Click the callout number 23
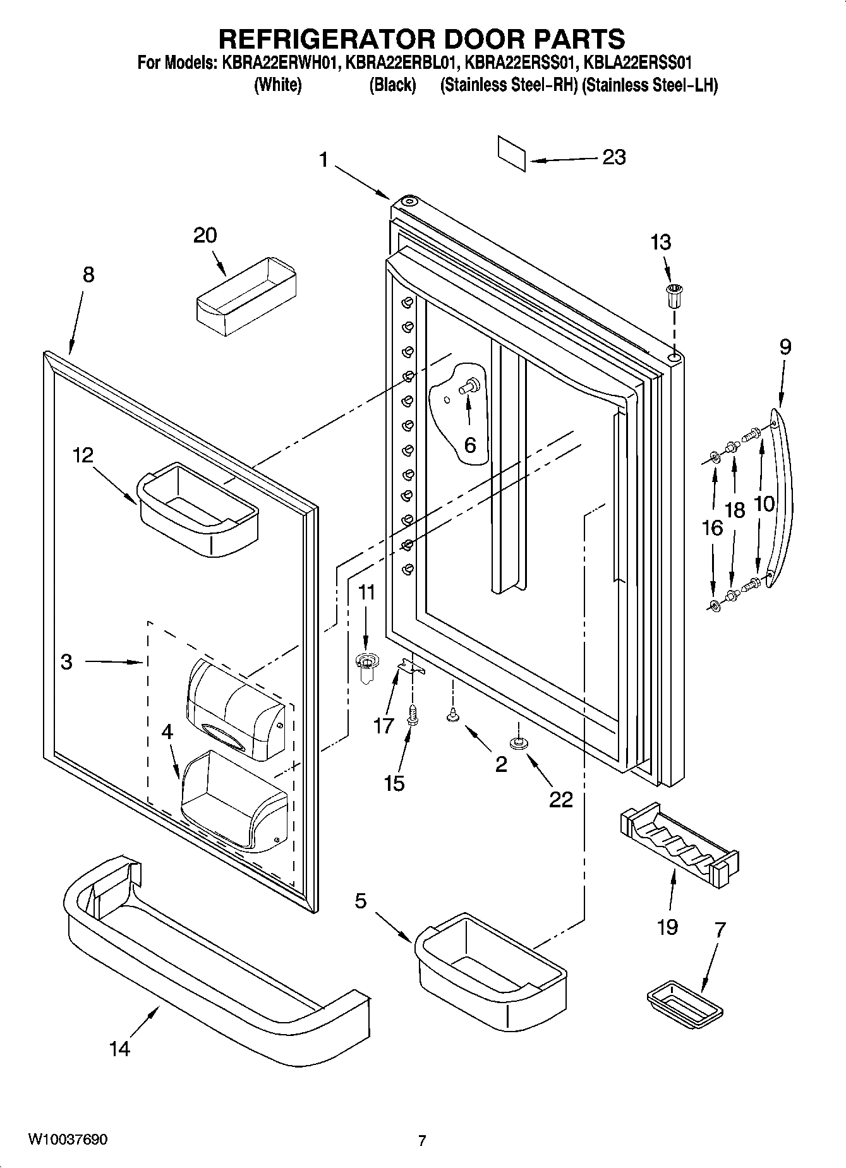point(613,157)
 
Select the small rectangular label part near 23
point(511,153)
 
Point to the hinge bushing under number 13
point(674,295)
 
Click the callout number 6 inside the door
point(470,445)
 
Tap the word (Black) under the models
point(392,85)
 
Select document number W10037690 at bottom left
point(68,1140)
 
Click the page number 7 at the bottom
point(422,1140)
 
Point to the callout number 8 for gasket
point(88,275)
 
